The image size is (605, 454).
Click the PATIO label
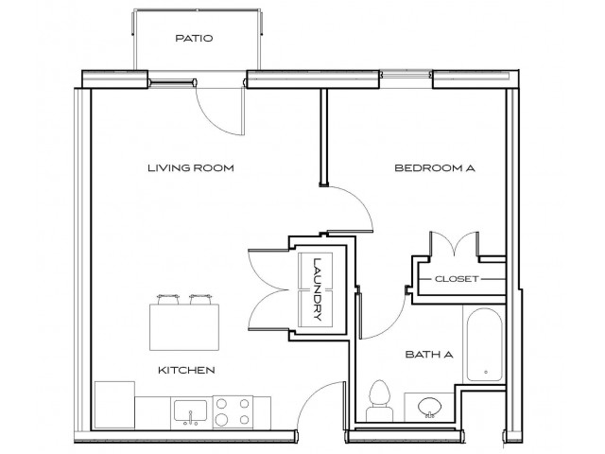point(194,40)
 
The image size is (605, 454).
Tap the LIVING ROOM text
point(190,168)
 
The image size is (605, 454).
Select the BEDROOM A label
point(434,168)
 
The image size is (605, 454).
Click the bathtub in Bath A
point(483,344)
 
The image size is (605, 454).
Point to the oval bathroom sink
point(427,407)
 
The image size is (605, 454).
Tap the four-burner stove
point(233,410)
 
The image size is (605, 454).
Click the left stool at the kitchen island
point(169,299)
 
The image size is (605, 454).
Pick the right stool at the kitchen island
point(200,299)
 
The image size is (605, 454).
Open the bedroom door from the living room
point(350,206)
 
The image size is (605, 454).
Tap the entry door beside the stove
point(321,402)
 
